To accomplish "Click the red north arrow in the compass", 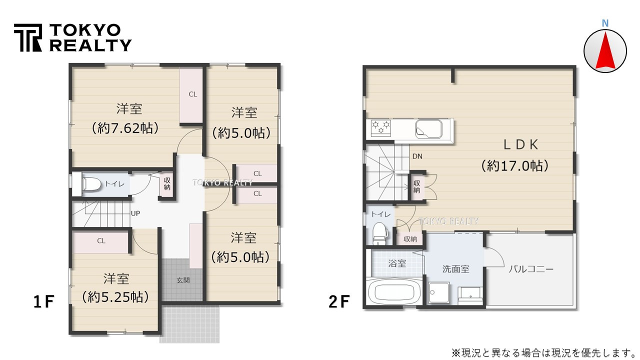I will coord(605,50).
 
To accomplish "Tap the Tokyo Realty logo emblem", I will coord(28,37).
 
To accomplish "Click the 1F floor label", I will coord(43,301).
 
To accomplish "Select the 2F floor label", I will coord(339,301).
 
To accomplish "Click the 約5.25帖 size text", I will coord(116,296).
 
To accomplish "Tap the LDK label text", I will coord(520,144).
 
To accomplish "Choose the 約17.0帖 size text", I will coord(515,165).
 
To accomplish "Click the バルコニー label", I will coord(531,269).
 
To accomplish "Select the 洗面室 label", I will coord(455,269).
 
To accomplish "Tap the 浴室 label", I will coord(397,263).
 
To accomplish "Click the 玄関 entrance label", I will coord(183,280).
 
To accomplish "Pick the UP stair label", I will coord(135,213).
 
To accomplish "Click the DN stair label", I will coord(417,156).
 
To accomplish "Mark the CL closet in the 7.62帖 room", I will coord(192,94).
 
